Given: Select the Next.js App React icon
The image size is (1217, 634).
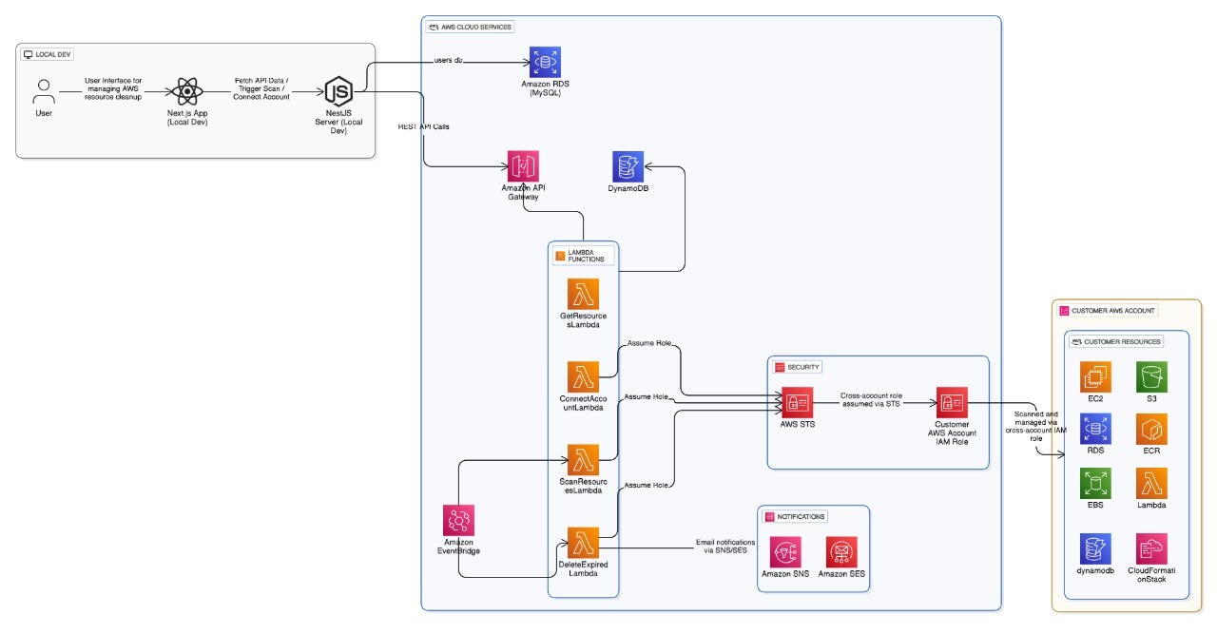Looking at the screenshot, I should click(187, 92).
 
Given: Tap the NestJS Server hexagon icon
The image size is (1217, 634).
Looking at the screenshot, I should click(339, 91).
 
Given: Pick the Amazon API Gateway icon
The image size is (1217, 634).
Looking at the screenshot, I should click(523, 166).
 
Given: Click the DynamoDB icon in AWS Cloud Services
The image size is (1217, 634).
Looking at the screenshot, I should click(628, 166).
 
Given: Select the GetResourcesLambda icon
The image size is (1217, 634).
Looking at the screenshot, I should click(583, 294).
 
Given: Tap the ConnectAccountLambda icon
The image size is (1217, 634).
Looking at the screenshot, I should click(583, 376).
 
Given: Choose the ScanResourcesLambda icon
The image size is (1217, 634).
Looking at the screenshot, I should click(583, 460).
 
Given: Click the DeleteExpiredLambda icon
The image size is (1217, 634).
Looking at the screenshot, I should click(583, 542).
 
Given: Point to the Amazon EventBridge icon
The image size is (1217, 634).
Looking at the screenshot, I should click(459, 520).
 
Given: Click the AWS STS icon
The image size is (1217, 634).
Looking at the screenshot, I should click(797, 402).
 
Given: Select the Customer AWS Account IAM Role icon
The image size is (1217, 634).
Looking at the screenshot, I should click(952, 402).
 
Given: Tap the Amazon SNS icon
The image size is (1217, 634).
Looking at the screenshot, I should click(786, 552).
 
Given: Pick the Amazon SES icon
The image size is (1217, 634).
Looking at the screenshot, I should click(841, 552).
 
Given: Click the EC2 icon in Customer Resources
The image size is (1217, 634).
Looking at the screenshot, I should click(1095, 376).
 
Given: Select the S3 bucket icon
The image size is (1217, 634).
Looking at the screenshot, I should click(1151, 376).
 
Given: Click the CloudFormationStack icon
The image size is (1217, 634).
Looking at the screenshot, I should click(1151, 548).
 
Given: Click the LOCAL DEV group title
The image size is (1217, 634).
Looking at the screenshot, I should click(54, 54).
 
